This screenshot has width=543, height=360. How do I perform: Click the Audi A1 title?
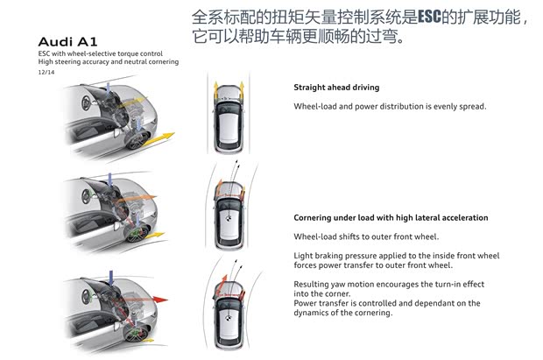point(67,42)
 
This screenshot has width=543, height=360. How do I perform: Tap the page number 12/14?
point(46,72)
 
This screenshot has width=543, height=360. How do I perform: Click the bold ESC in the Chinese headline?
point(429,17)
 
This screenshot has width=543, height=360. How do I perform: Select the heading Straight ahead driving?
point(336,88)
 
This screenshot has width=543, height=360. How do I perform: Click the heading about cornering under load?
point(391,217)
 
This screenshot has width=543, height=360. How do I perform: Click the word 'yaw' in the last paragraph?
point(338,285)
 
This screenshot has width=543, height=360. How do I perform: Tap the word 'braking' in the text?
point(328,256)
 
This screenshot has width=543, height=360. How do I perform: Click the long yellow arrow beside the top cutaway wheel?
point(158,139)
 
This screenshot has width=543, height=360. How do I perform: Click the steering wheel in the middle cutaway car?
point(86,196)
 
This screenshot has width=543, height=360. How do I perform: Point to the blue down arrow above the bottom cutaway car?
point(111,279)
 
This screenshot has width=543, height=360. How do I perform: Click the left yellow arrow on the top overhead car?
point(215,90)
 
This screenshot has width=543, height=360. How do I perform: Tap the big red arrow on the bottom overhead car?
point(222,286)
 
